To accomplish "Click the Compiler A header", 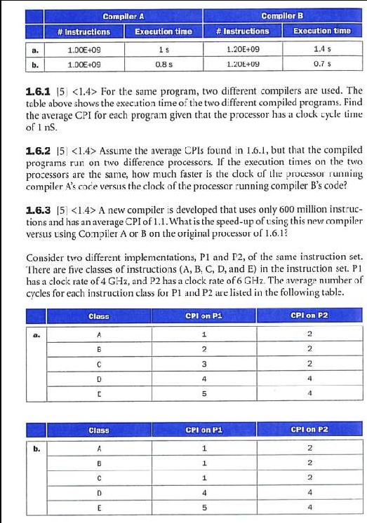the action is point(124,15).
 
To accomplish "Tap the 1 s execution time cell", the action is point(163,49).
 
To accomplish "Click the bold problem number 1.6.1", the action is point(37,91).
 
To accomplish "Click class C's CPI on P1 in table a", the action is point(202,364).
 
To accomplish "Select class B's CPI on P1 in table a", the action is point(202,349).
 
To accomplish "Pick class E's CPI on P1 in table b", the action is point(202,508).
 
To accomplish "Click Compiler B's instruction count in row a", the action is point(243,49).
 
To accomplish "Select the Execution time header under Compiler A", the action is point(163,31).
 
